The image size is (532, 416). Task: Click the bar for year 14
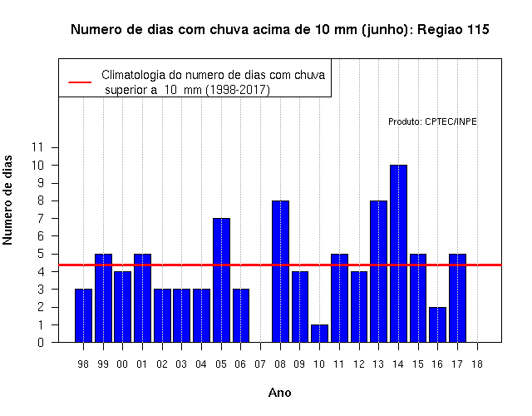pos(398,254)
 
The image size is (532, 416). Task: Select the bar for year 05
pos(221,280)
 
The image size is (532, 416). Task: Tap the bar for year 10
pos(319,334)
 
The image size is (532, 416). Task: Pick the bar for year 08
pos(280,271)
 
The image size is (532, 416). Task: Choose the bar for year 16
pos(438,324)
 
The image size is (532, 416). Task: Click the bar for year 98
pos(83,316)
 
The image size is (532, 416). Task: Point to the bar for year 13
pos(379,271)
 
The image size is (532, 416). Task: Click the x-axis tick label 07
pos(260,364)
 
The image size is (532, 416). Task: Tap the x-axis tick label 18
pos(477,364)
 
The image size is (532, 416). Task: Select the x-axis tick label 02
pos(162,364)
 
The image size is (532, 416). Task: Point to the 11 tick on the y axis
pos(37,147)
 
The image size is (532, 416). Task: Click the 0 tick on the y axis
pos(41,342)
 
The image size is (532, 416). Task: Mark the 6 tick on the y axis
pos(41,236)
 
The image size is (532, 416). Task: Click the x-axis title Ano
pos(280,393)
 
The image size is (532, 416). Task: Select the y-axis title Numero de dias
pos(7,201)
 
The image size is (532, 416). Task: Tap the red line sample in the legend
pos(80,82)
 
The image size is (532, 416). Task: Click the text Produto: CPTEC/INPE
pos(432,121)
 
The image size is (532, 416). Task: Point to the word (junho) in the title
pos(387,30)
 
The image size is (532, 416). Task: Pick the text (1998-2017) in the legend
pos(239,90)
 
